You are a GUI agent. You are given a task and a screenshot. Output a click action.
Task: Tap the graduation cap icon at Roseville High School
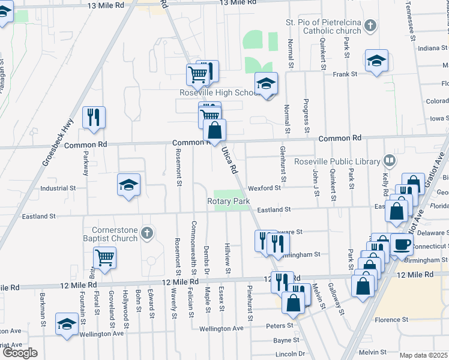click(265, 83)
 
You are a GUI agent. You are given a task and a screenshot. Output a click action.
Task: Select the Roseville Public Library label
click(337, 161)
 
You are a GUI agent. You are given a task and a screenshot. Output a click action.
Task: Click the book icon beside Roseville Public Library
click(390, 161)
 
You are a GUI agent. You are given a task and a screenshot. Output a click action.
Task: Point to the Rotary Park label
click(229, 201)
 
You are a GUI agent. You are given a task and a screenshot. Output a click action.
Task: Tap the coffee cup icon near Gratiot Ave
click(402, 244)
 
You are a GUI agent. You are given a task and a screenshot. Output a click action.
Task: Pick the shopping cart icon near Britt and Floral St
click(104, 257)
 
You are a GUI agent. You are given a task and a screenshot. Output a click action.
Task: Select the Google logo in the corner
click(20, 353)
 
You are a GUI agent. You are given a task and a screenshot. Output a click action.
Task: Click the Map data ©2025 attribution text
click(424, 355)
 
